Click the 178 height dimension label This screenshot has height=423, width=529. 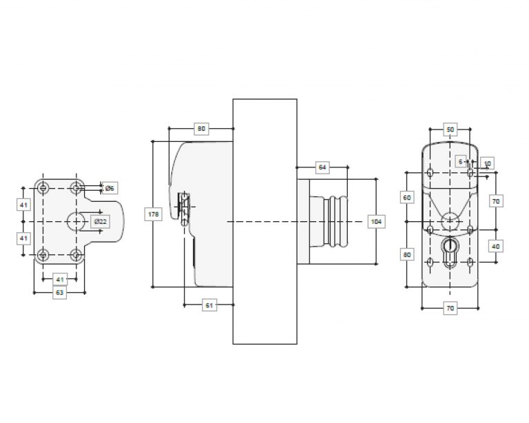[154, 214]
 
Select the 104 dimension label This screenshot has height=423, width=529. [376, 222]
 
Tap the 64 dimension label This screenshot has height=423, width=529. [322, 167]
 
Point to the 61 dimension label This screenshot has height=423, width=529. [209, 305]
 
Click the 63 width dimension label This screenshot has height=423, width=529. [59, 293]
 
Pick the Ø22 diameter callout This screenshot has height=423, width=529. [100, 222]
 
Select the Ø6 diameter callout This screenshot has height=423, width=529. [110, 188]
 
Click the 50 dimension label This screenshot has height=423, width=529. [450, 130]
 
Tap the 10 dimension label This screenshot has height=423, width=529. [487, 163]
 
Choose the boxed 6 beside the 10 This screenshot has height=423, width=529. [461, 162]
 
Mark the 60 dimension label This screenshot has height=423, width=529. [407, 197]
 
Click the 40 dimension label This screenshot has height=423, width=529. [496, 247]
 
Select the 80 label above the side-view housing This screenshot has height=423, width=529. [201, 129]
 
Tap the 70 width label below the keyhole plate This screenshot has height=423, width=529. [450, 309]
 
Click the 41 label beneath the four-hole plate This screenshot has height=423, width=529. [60, 279]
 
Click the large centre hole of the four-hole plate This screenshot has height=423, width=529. [76, 222]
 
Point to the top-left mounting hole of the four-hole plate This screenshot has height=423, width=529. [43, 187]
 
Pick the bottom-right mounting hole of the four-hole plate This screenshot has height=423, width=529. [76, 255]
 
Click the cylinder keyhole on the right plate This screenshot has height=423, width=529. [450, 252]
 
